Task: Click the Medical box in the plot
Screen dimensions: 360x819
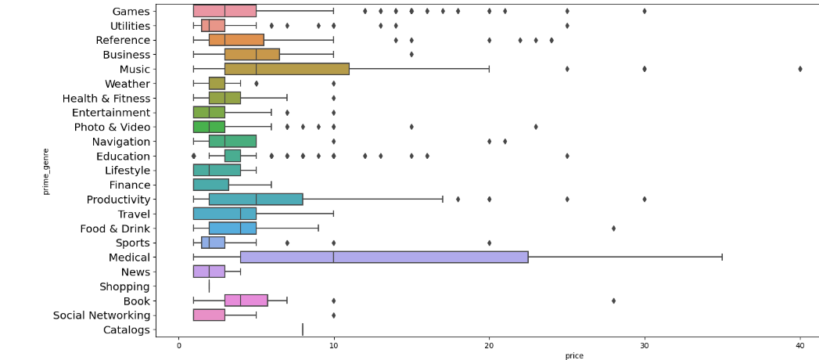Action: click(x=384, y=257)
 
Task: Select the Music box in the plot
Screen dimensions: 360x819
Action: click(x=286, y=69)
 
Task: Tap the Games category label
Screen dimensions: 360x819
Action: click(x=131, y=11)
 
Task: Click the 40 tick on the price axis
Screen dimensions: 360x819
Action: click(x=800, y=345)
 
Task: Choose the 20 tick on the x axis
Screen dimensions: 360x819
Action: click(x=490, y=345)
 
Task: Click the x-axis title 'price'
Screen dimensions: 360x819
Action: click(x=574, y=355)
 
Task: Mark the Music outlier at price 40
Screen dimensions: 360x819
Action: click(x=800, y=69)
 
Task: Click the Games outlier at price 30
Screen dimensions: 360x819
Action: click(x=645, y=11)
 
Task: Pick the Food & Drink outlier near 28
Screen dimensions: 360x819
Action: click(x=613, y=229)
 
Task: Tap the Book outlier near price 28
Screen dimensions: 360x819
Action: click(x=613, y=301)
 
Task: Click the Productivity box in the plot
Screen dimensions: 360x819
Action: click(x=256, y=199)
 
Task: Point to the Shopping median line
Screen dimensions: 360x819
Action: click(x=210, y=286)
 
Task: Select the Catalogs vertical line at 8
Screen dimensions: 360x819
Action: click(x=303, y=329)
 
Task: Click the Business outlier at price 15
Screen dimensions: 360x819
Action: click(x=411, y=54)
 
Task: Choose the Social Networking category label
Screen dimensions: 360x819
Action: click(x=102, y=315)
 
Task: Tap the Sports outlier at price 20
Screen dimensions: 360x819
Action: click(x=490, y=243)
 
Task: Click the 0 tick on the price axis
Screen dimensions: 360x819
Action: click(x=178, y=345)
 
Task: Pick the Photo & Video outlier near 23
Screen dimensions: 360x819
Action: click(x=536, y=127)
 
